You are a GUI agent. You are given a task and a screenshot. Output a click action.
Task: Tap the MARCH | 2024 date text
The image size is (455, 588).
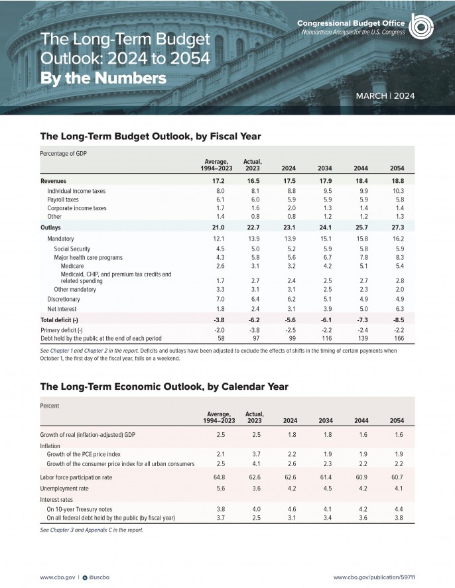385,96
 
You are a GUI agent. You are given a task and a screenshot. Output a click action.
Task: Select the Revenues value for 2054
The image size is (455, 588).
397,180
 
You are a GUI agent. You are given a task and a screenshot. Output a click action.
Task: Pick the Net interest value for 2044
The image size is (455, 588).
361,308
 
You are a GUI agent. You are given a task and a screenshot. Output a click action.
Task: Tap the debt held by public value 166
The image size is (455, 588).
397,338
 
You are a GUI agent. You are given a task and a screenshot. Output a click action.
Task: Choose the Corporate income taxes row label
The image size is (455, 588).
77,207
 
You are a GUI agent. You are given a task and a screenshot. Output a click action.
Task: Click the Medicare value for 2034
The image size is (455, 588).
325,265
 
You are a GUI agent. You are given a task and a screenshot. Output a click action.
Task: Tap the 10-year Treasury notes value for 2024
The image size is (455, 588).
290,508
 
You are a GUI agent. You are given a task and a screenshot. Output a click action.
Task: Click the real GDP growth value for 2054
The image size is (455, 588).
397,434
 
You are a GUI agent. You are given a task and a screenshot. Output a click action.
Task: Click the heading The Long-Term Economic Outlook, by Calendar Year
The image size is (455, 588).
164,386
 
